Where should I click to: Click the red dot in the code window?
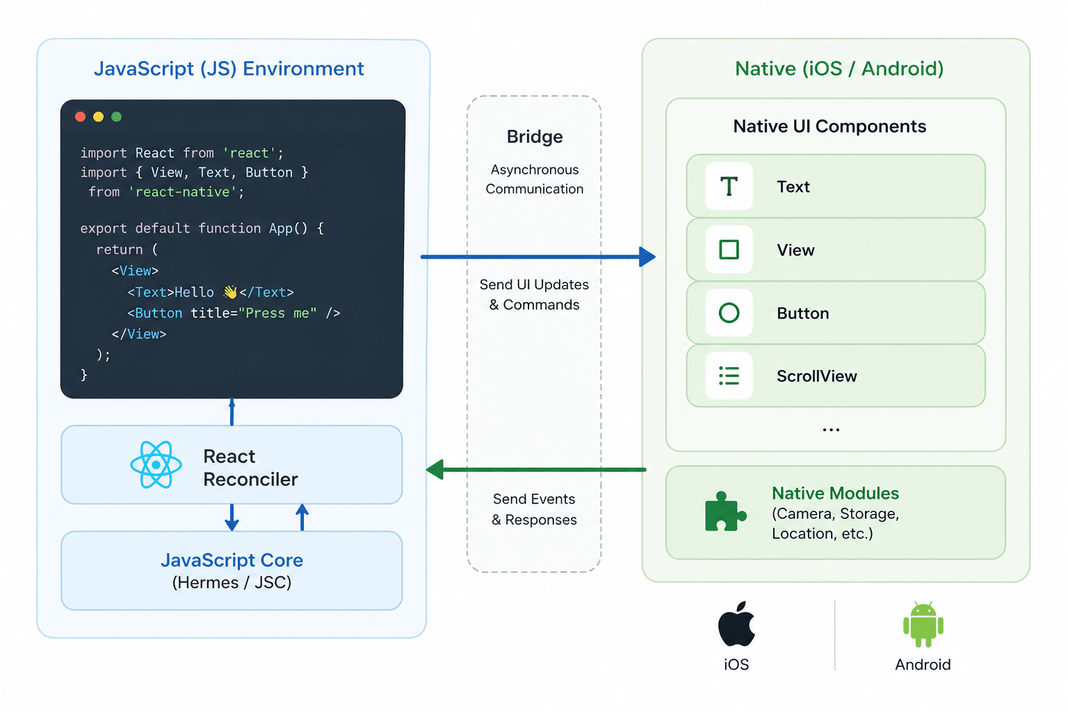tap(80, 117)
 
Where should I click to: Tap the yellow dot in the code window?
tap(98, 117)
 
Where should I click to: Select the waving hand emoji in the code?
tap(230, 291)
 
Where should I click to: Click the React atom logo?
tap(156, 464)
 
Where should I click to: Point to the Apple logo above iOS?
tap(736, 624)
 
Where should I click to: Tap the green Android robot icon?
tap(923, 624)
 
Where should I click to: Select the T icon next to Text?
tap(729, 186)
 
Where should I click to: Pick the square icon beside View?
tap(729, 250)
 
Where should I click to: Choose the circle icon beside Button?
tap(729, 313)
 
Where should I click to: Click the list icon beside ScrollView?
tap(729, 375)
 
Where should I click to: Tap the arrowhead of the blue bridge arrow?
tap(647, 257)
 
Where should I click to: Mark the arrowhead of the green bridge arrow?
tap(435, 470)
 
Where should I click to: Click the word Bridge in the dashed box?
tap(535, 137)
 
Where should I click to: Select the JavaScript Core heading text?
tap(232, 560)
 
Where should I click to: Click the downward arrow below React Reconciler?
tap(232, 517)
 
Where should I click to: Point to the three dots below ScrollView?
tap(831, 430)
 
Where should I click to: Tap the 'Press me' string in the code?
tap(277, 313)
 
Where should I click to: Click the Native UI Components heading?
tap(830, 127)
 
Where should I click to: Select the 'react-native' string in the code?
tap(182, 192)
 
